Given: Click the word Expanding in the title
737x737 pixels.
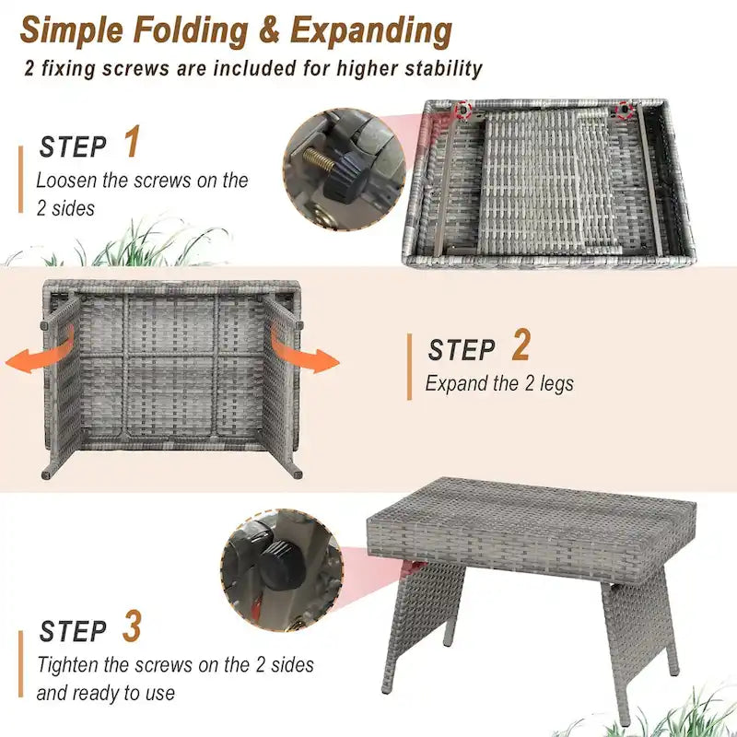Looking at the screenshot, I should pyautogui.click(x=371, y=31).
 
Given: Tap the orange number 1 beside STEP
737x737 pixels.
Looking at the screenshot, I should pyautogui.click(x=132, y=144).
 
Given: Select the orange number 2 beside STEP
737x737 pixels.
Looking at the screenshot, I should pyautogui.click(x=521, y=346).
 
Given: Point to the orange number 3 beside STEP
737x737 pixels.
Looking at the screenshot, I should pyautogui.click(x=132, y=628).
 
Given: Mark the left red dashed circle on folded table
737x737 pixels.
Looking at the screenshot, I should pyautogui.click(x=463, y=111).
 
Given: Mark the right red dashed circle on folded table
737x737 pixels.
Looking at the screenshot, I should pyautogui.click(x=626, y=111).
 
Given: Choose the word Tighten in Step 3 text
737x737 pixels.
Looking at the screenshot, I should pyautogui.click(x=70, y=664).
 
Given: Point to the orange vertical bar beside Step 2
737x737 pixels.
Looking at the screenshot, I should pyautogui.click(x=409, y=367).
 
